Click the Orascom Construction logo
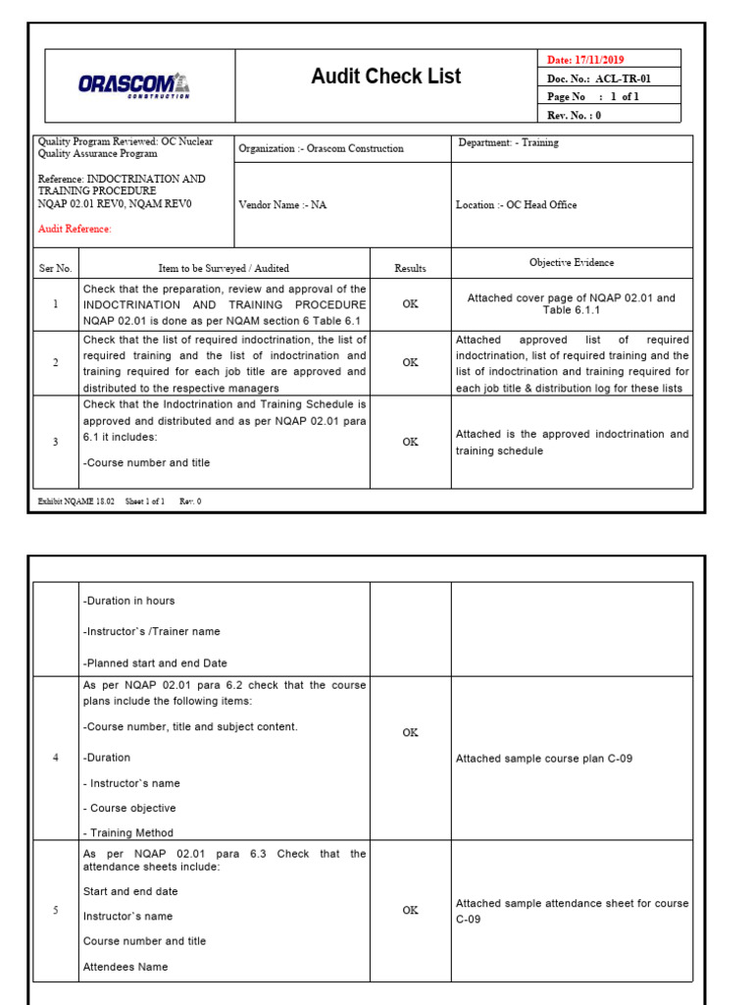click(134, 85)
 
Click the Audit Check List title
click(385, 77)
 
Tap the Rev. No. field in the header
click(574, 114)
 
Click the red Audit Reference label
click(75, 229)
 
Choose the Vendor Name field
click(283, 205)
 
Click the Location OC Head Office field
click(516, 205)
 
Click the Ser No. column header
click(55, 268)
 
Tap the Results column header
click(410, 268)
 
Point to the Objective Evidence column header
click(572, 263)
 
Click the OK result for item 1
click(410, 304)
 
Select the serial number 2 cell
click(55, 362)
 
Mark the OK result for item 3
click(410, 442)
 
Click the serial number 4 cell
click(55, 758)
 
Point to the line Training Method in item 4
click(128, 832)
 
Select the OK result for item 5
click(410, 910)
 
